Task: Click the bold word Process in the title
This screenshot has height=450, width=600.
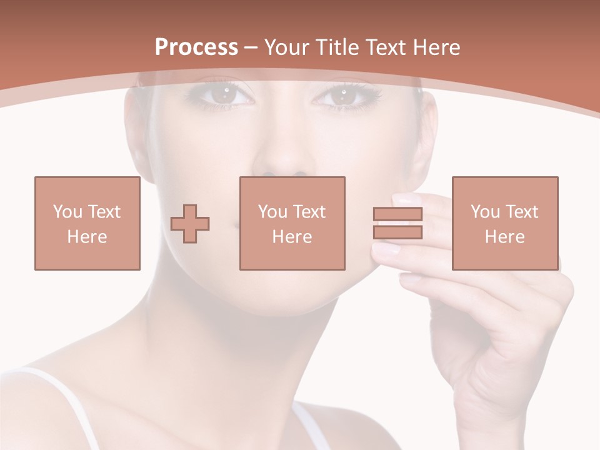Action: [x=196, y=47]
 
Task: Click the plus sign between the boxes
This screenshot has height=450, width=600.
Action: [x=190, y=224]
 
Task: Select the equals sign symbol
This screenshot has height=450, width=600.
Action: [x=397, y=223]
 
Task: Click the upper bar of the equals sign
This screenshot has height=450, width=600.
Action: [x=397, y=214]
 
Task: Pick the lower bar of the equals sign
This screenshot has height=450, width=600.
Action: [x=397, y=232]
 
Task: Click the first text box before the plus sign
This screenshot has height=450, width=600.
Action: [x=87, y=223]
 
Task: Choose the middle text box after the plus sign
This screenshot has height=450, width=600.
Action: [x=292, y=223]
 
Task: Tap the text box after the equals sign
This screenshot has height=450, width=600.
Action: [x=504, y=223]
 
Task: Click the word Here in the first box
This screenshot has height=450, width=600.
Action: [x=87, y=237]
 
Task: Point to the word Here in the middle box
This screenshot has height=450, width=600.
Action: [x=292, y=237]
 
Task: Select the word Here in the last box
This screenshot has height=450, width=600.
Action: [x=504, y=237]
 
